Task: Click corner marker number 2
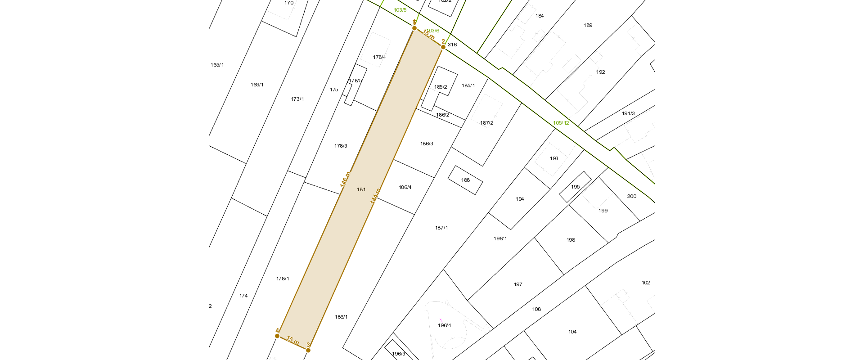coord(443,47)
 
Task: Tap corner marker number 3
coord(308,350)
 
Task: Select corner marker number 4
coord(277,336)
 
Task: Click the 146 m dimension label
coord(345,179)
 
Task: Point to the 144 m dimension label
coord(375,196)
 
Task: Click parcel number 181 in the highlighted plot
coord(361,189)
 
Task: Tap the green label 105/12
coord(561,123)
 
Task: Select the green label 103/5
coord(400,10)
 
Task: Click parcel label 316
coord(452,45)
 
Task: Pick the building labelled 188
coord(465,180)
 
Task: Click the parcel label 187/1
coord(441,228)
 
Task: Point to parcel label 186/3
coord(427,144)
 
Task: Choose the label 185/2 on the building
coord(441,87)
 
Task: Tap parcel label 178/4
coord(379,57)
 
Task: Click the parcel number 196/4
coord(444,325)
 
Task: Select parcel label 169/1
coord(257,85)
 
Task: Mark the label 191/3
coord(628,113)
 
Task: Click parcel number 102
coord(646,283)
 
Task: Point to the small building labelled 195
coord(575,187)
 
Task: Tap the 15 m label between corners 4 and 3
coord(292,341)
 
